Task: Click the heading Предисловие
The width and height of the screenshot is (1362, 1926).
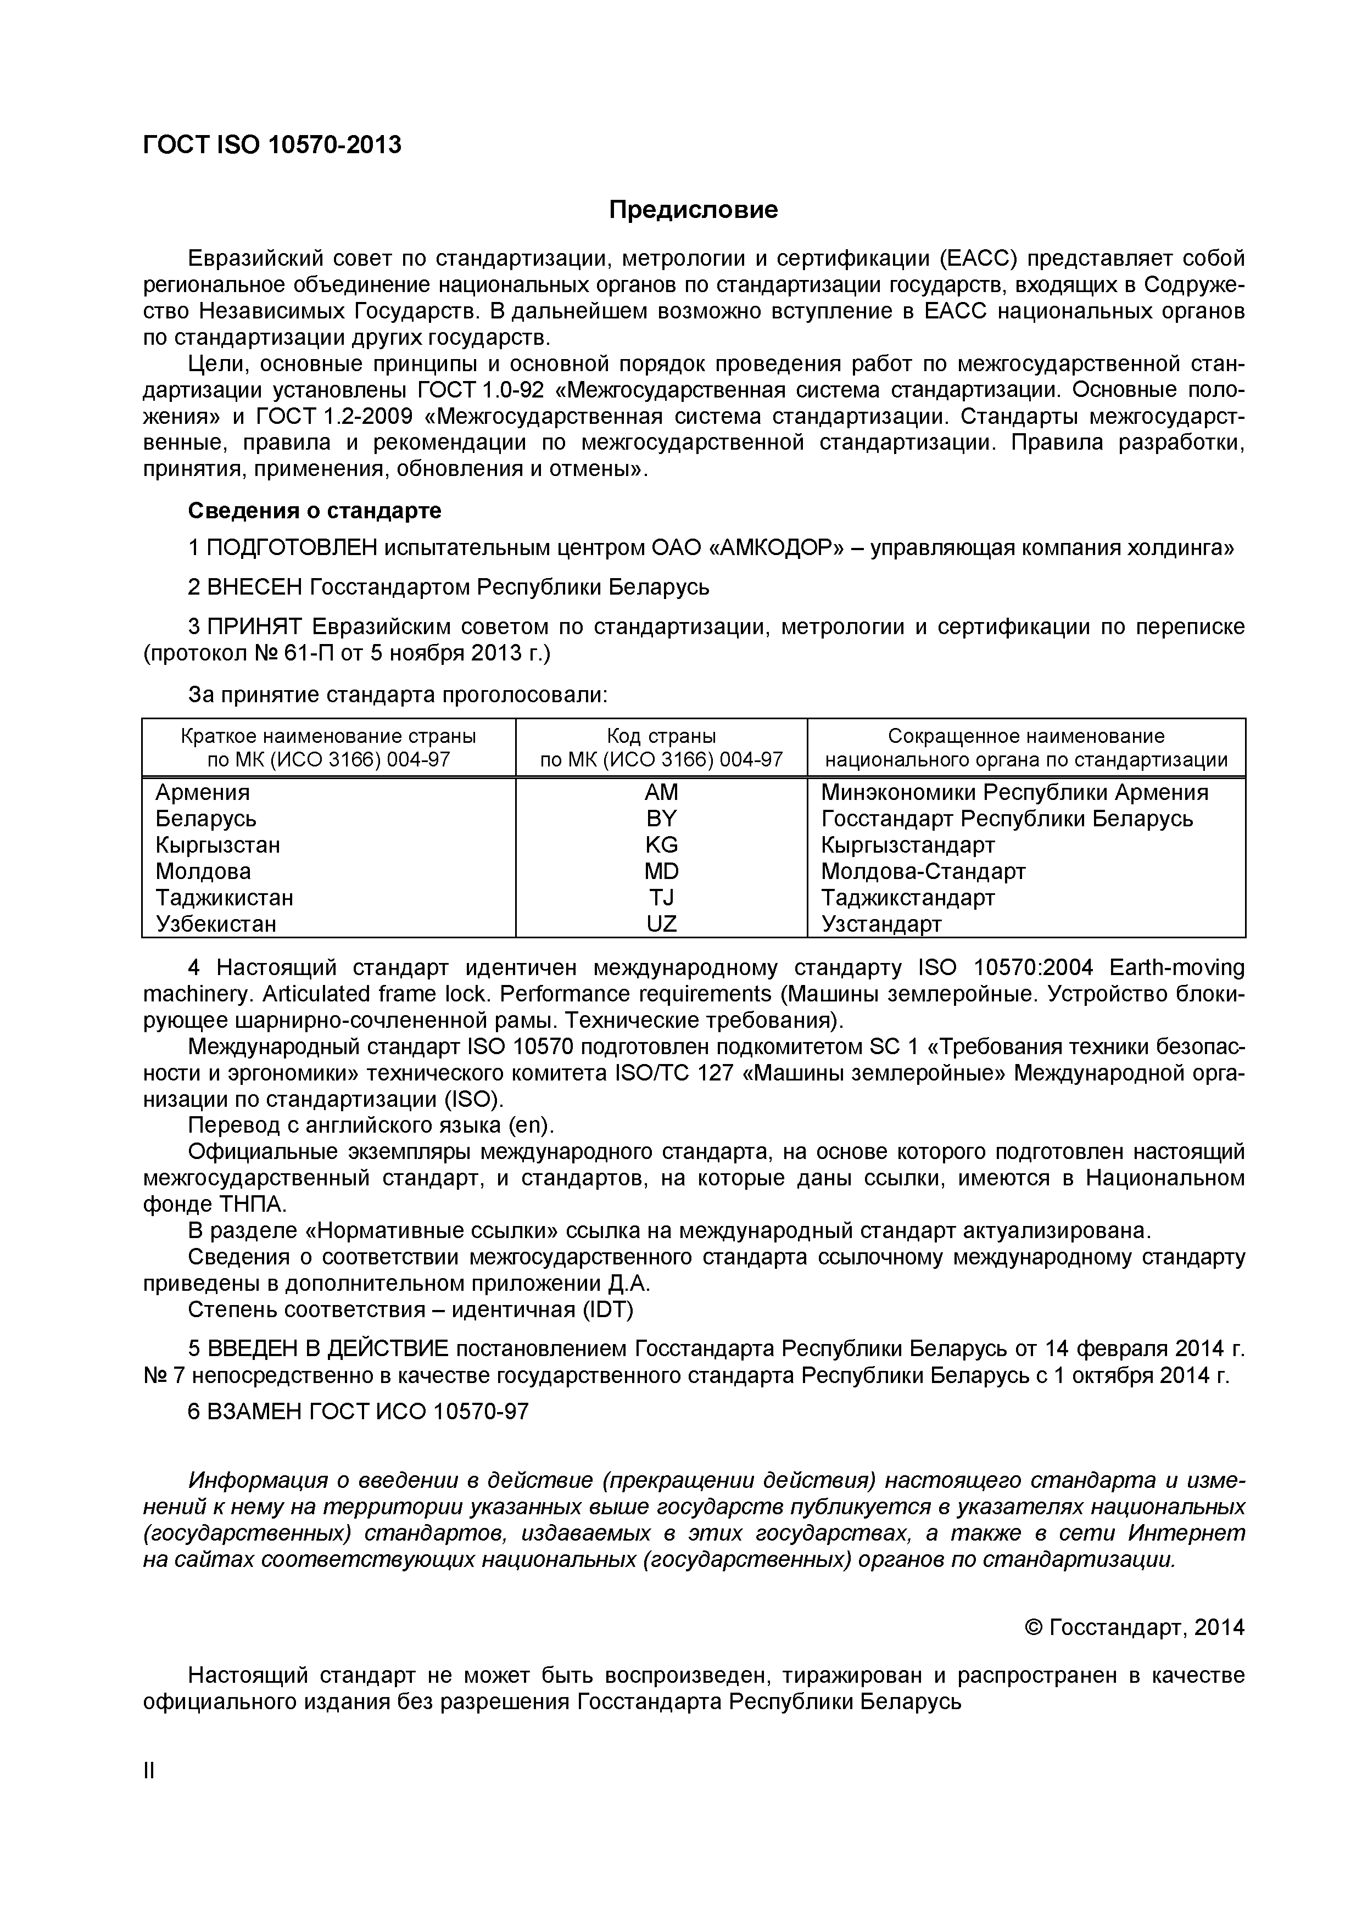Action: (693, 210)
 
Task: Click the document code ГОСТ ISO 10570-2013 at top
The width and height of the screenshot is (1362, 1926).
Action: (272, 145)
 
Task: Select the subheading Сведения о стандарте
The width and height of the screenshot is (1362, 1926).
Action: (314, 510)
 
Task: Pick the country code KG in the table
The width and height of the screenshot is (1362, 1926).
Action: (661, 845)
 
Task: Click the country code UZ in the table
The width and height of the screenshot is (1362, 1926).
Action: (661, 923)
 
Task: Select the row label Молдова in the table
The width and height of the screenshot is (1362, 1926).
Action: (203, 871)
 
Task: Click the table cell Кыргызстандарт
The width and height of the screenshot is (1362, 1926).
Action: (907, 845)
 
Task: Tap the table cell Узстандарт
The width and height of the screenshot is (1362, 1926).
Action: (881, 923)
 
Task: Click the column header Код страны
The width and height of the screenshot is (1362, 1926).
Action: (661, 736)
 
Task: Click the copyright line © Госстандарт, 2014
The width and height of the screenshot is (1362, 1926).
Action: (1135, 1627)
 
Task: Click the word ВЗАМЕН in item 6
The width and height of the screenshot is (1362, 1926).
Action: (254, 1411)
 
